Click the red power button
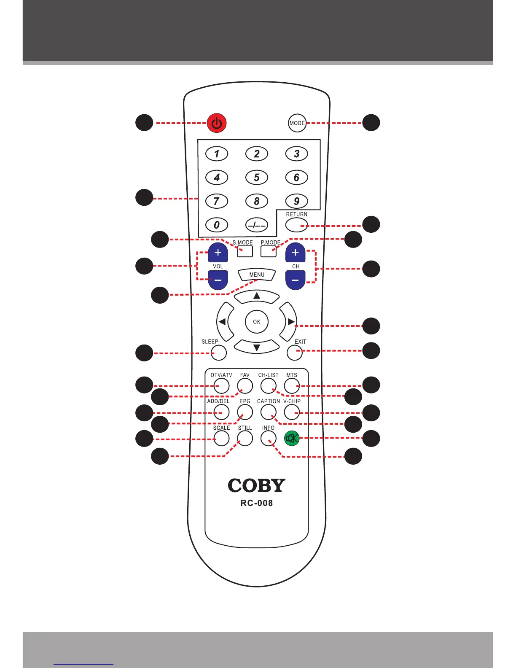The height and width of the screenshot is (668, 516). point(217,123)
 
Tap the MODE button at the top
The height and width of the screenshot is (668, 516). point(297,123)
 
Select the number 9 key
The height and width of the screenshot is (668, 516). point(296,201)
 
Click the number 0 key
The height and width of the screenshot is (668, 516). point(217,225)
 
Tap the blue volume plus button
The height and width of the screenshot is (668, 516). point(218,253)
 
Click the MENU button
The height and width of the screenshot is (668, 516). point(257,275)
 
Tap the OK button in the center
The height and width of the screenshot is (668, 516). point(257,322)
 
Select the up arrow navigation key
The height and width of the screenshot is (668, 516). point(257,296)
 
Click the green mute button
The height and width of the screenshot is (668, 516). point(292,438)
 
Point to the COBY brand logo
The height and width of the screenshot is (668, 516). point(257,486)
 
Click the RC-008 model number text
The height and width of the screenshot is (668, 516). point(257,503)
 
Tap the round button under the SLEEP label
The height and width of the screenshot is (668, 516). point(218,353)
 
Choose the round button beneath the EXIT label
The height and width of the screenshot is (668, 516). point(295,353)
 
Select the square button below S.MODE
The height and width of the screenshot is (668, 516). point(245,251)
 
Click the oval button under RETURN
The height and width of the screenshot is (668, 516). point(297,225)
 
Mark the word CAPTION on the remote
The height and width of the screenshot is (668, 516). point(269,401)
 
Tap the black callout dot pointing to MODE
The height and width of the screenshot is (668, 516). point(371,123)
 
